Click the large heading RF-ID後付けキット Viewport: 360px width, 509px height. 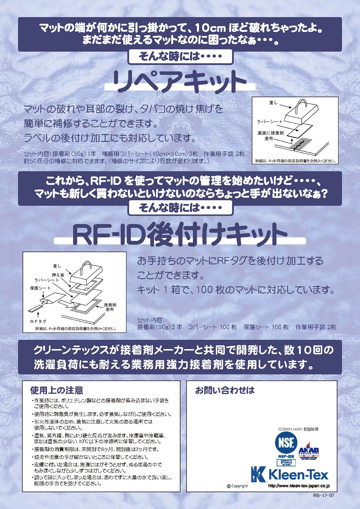point(180,234)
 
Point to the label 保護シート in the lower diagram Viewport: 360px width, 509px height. point(40,288)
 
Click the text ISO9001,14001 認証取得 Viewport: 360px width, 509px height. point(299,429)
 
